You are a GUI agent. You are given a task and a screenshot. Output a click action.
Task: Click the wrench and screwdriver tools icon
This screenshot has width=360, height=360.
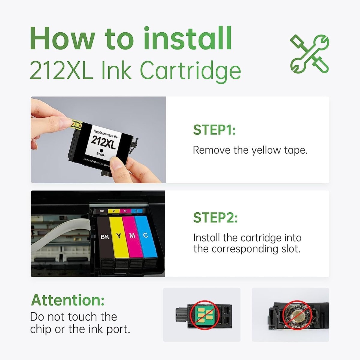[x=310, y=54]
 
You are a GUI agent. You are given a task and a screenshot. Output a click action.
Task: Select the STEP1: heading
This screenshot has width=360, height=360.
[x=214, y=130]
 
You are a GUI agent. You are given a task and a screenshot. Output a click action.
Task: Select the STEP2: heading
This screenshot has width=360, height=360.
[x=215, y=217]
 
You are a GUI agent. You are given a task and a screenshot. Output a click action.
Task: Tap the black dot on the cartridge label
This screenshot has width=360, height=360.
[x=101, y=151]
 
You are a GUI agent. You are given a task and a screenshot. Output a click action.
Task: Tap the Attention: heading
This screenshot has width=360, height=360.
[x=68, y=300]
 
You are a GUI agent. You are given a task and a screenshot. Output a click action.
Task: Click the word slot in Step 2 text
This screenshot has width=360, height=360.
[x=289, y=249]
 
